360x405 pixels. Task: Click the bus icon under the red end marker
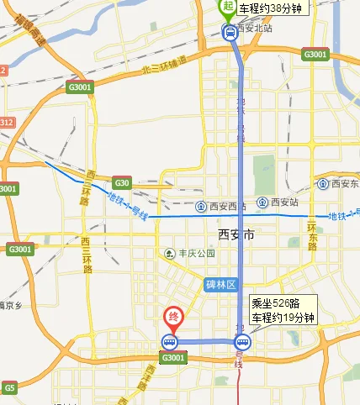coord(170,342)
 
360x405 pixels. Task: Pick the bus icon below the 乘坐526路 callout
coord(243,342)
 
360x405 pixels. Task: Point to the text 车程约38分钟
coord(270,8)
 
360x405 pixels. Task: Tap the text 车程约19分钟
coord(283,318)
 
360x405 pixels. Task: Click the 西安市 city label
coord(236,235)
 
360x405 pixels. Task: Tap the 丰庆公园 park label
coord(195,253)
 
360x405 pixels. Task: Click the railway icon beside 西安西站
coord(201,206)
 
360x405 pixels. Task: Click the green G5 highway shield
coord(9,388)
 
